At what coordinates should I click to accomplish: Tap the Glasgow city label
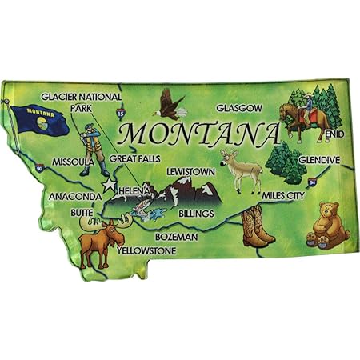(238, 108)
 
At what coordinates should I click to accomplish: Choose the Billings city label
(196, 214)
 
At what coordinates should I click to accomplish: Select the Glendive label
(321, 159)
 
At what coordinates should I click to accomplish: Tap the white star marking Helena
(109, 185)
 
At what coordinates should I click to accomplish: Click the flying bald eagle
(170, 101)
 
